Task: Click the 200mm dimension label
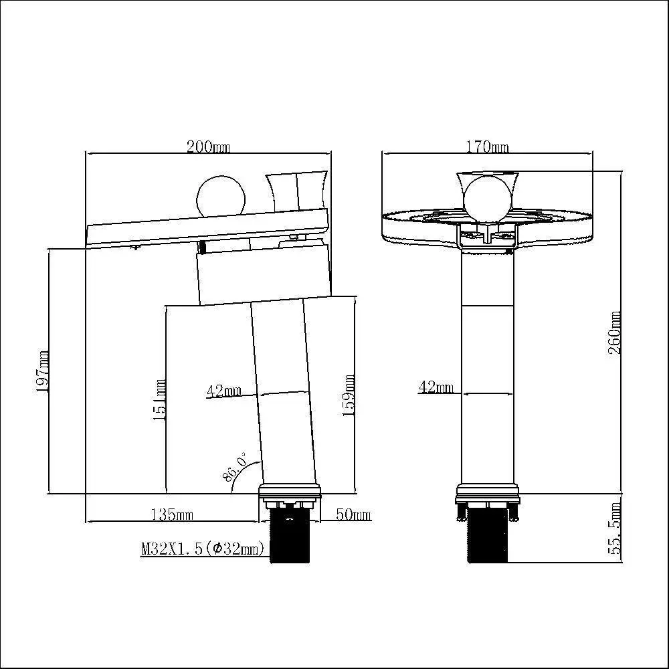tap(208, 147)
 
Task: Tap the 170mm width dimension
tap(487, 147)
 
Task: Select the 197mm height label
tap(42, 371)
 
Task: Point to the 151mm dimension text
tap(159, 400)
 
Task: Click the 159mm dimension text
tap(349, 395)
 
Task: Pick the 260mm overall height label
tap(615, 332)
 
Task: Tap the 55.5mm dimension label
tap(615, 529)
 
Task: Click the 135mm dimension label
tap(172, 514)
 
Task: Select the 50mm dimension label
tap(353, 514)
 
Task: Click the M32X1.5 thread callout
tap(203, 549)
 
